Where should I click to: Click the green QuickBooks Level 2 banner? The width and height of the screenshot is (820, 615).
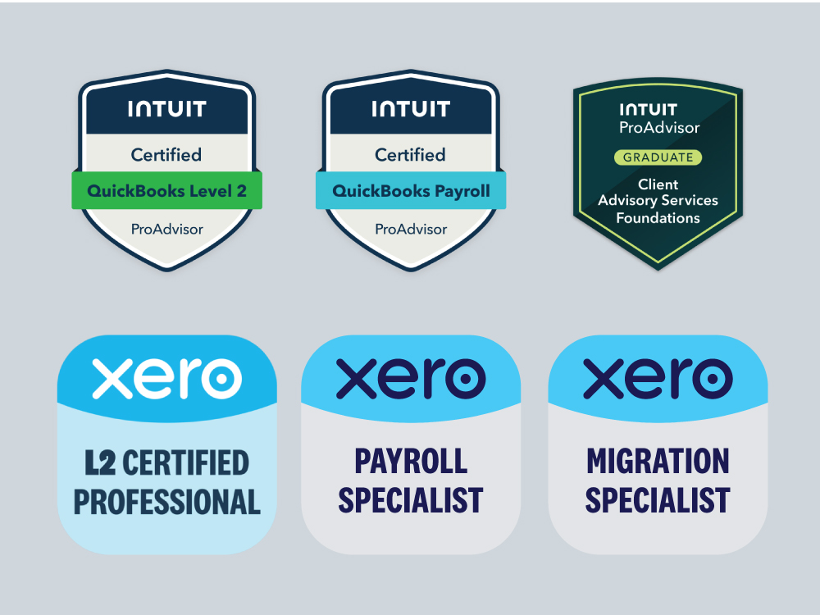(x=166, y=191)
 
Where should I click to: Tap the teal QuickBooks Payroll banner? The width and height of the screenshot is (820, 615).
(x=411, y=191)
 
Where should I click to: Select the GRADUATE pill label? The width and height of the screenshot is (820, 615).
(x=658, y=157)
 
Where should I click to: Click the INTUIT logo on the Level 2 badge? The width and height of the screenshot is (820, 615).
(x=166, y=109)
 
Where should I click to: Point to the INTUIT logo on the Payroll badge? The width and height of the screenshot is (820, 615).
(x=411, y=109)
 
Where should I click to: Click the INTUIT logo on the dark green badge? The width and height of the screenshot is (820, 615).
(x=649, y=110)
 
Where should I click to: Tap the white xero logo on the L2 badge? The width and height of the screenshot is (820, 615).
(x=166, y=378)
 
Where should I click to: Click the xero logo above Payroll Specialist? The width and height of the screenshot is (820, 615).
(x=411, y=378)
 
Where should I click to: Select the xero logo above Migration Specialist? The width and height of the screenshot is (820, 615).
(x=658, y=378)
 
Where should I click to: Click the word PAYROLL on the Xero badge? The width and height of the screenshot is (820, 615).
(x=411, y=461)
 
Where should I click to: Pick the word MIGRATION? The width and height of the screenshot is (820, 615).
(x=658, y=461)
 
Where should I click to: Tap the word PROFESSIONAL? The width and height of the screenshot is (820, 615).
(x=166, y=501)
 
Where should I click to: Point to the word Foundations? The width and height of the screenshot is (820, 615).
(x=658, y=218)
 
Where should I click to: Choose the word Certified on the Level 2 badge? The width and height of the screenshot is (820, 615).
(x=166, y=154)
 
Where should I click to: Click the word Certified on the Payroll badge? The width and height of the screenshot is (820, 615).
(x=411, y=154)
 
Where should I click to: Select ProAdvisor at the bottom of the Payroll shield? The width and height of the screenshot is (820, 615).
(x=411, y=229)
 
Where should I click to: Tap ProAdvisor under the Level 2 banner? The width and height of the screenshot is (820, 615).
(x=166, y=229)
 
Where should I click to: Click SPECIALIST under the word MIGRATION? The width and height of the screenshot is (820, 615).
(x=658, y=499)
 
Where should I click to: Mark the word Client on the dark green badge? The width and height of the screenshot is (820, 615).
(x=658, y=184)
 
